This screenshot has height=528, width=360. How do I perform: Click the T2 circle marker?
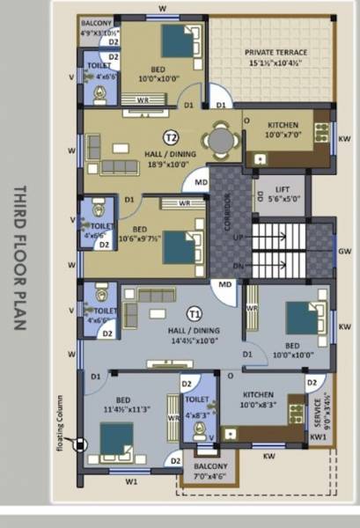[x=172, y=137]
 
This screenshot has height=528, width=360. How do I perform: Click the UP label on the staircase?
[x=237, y=238]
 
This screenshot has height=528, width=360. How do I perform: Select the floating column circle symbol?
[x=80, y=445]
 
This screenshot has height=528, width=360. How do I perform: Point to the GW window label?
[x=345, y=251]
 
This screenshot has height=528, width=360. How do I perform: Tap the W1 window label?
[x=131, y=481]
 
